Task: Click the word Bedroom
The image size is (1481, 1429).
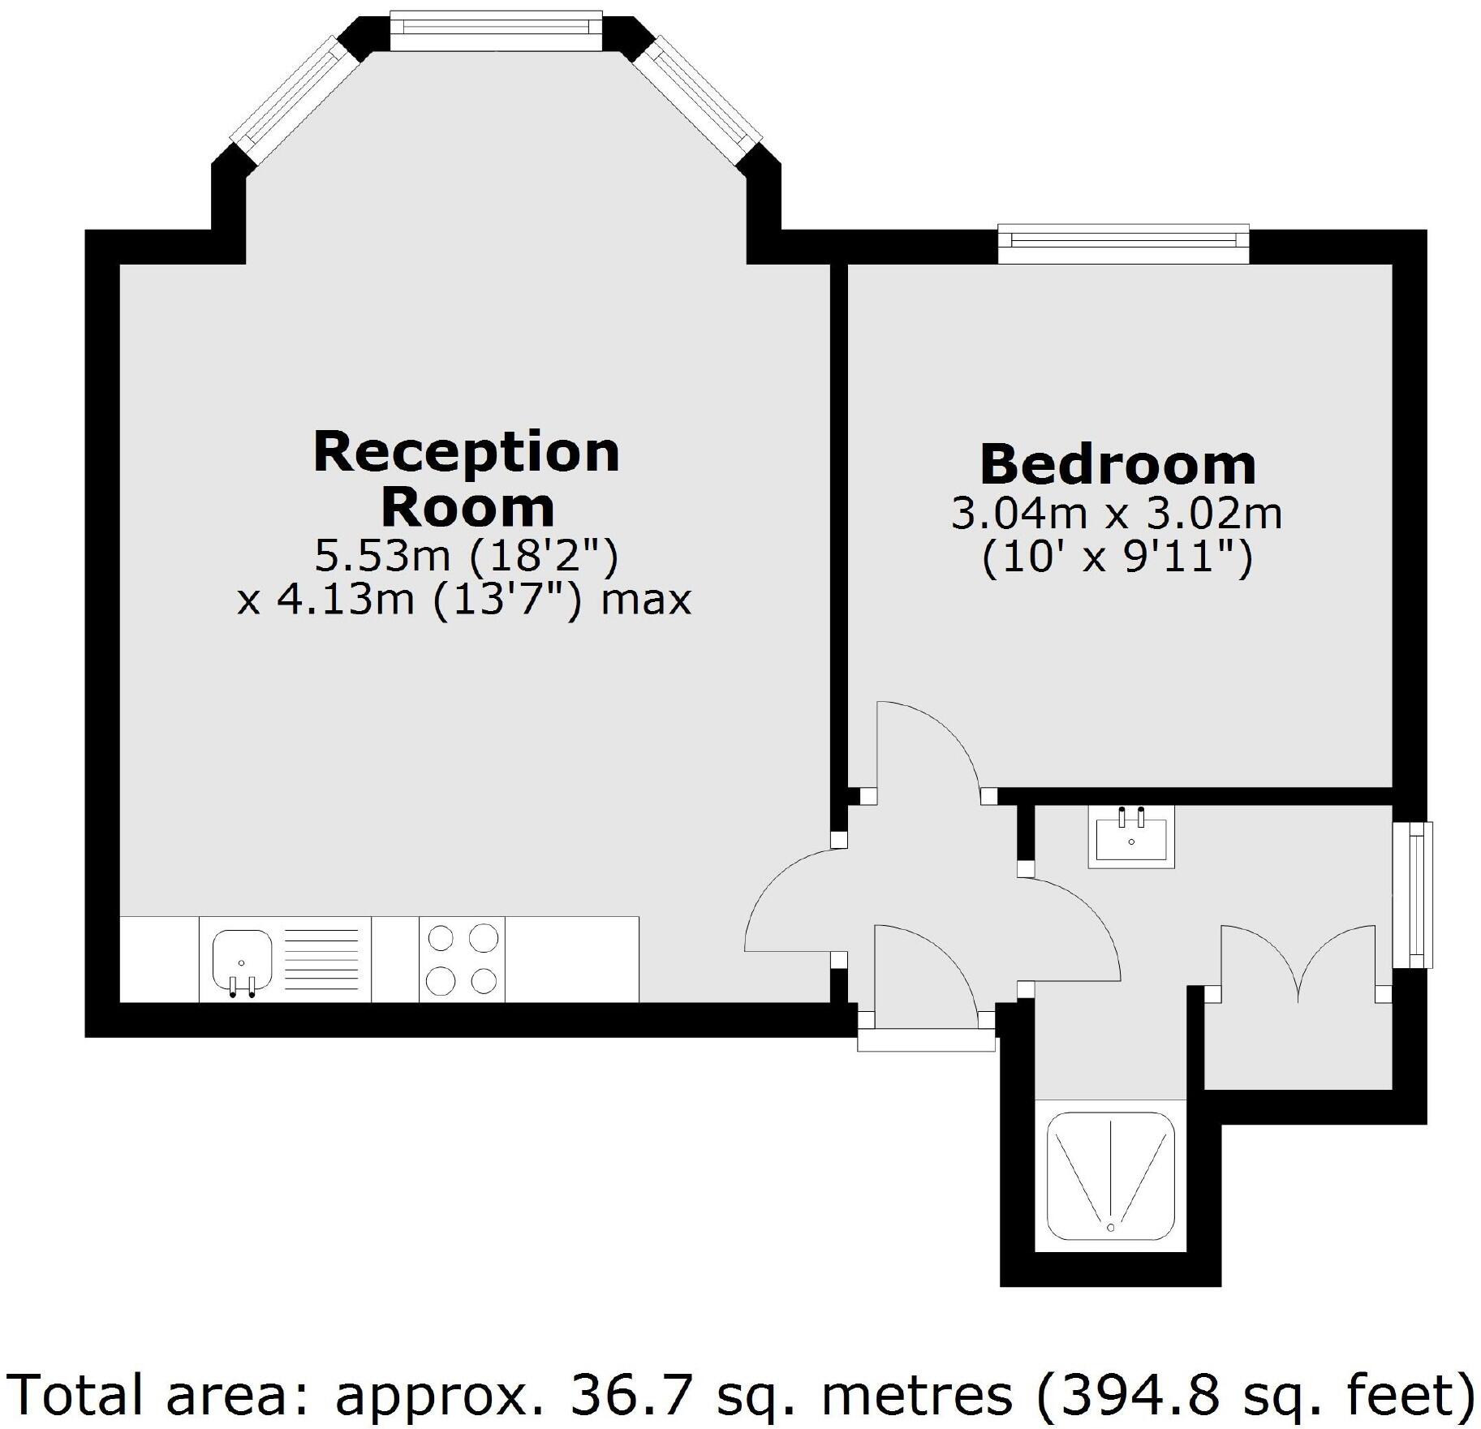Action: click(1117, 464)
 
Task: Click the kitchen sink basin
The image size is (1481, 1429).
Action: click(241, 960)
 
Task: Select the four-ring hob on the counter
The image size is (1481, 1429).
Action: click(462, 959)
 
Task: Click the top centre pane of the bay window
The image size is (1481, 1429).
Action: click(495, 29)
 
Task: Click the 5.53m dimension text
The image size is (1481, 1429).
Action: click(381, 557)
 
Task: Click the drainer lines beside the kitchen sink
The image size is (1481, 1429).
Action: click(321, 959)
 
